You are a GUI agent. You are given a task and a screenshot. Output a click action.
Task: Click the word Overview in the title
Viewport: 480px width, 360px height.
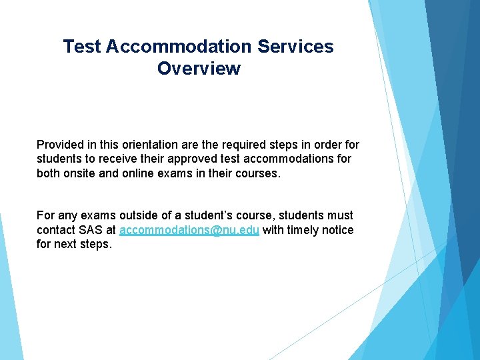pyautogui.click(x=199, y=69)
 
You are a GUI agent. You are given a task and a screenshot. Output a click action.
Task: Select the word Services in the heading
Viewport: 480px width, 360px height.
pyautogui.click(x=295, y=47)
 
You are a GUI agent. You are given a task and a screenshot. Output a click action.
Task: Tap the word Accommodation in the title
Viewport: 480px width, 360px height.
pyautogui.click(x=179, y=47)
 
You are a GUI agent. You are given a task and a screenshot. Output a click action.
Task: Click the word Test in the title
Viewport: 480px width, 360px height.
pyautogui.click(x=81, y=47)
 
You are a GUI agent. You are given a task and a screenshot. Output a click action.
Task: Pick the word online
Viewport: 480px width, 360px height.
pyautogui.click(x=137, y=173)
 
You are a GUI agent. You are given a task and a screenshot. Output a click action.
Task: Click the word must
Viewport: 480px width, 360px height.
pyautogui.click(x=340, y=215)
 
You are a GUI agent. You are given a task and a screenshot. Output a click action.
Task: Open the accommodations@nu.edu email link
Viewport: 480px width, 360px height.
pyautogui.click(x=189, y=230)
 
